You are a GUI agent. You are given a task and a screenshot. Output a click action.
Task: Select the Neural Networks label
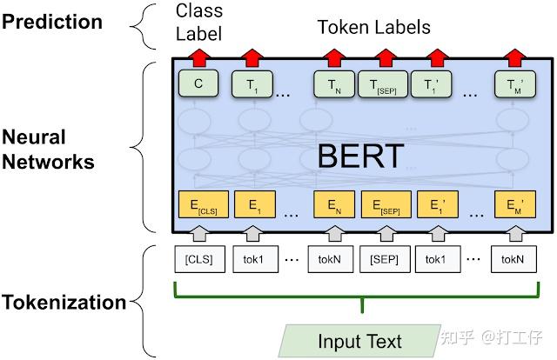[49, 149]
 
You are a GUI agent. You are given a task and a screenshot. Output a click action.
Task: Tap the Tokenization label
[64, 303]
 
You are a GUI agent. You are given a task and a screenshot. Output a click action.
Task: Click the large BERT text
[360, 156]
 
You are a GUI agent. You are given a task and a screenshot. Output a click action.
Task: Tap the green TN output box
[333, 84]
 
